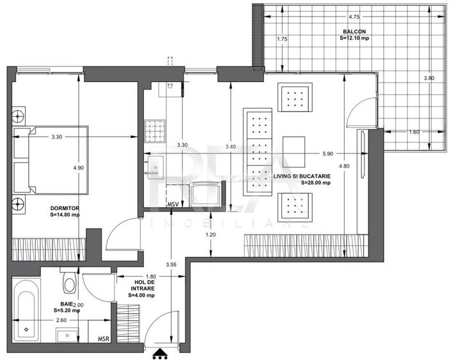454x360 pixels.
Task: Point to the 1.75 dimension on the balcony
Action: pos(282,40)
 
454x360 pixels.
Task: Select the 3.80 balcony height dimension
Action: pos(428,77)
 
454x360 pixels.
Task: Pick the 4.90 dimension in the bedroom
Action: pos(78,168)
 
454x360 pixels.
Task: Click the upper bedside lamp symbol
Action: pos(18,117)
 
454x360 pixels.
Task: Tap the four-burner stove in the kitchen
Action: pos(155,131)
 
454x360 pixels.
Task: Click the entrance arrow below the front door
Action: pos(159,352)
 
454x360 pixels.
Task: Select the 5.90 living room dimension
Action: pos(327,153)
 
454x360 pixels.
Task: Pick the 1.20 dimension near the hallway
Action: pos(210,235)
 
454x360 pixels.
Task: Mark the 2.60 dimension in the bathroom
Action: pos(61,320)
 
